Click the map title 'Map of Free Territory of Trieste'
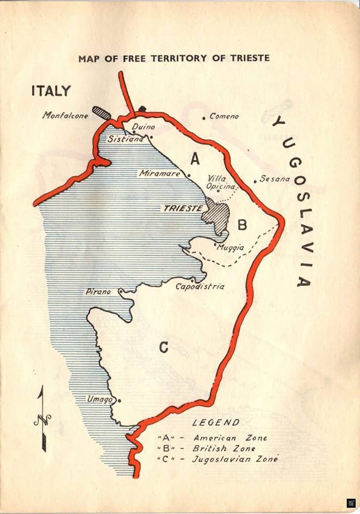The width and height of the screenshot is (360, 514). pos(174,58)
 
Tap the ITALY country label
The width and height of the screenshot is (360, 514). pos(50,90)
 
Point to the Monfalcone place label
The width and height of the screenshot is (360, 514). pos(65,115)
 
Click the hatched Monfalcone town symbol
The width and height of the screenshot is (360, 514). pos(101,112)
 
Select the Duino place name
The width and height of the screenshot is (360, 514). pos(143,127)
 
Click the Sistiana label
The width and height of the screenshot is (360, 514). pos(125,139)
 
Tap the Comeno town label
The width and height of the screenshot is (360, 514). pos(224,116)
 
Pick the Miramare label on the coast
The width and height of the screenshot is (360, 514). pos(161,173)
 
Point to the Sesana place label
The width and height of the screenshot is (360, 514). pos(274,179)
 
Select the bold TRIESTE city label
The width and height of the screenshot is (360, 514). pos(182,208)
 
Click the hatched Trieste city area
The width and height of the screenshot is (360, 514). pos(216,216)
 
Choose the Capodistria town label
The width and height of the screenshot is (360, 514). pos(200,286)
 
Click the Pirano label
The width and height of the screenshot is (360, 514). pos(98,292)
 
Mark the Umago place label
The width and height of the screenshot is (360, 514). pos(101,399)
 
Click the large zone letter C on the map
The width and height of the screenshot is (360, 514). pos(163,347)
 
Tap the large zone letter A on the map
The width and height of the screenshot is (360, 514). pos(194,158)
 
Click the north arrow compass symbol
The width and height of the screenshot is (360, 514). pos(42,418)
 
